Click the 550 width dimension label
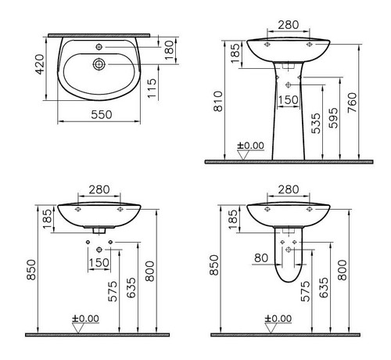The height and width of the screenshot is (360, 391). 102,114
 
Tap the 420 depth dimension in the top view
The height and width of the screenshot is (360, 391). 40,64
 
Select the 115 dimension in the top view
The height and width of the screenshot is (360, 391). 152,88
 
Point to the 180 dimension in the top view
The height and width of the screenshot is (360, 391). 169,50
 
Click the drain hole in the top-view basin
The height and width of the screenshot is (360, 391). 99,64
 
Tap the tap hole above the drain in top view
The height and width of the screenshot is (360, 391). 99,47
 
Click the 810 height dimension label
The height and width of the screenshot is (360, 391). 218,101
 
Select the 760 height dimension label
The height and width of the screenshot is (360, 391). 352,103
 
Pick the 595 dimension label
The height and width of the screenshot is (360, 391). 333,118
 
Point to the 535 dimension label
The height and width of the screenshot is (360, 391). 316,124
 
